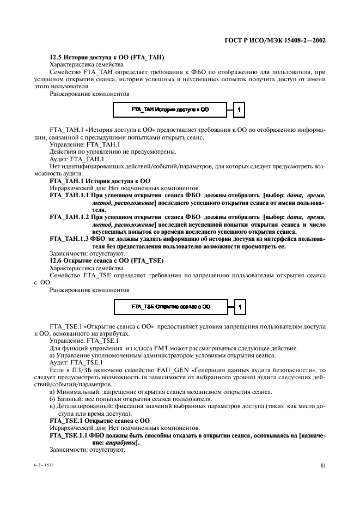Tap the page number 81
click(322, 465)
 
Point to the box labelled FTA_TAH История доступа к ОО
click(170, 110)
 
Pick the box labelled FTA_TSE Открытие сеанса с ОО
click(170, 307)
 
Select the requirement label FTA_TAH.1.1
click(70, 195)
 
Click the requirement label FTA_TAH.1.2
click(70, 216)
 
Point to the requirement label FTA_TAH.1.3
click(70, 239)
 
